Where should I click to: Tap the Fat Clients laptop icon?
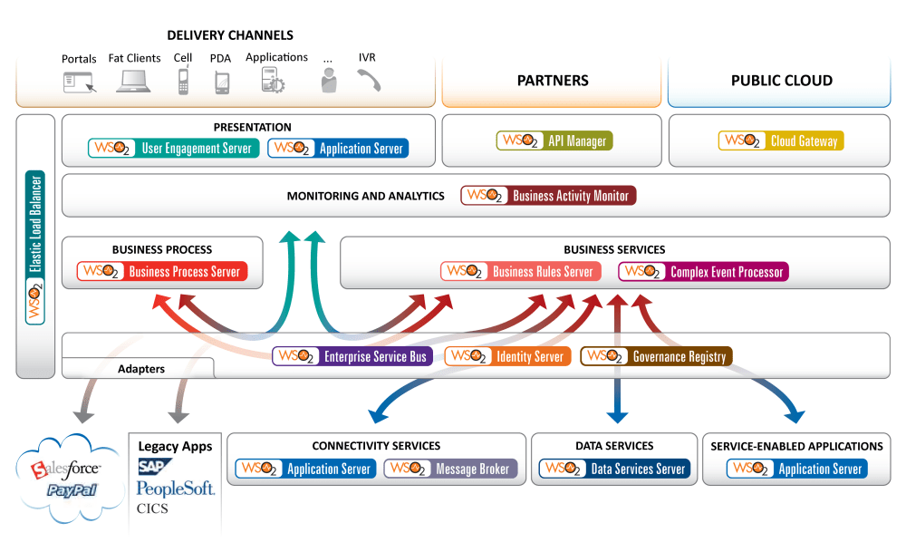click(x=133, y=82)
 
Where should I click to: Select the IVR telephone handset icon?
click(x=368, y=81)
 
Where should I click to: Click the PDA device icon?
click(x=222, y=82)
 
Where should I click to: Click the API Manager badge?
click(x=554, y=140)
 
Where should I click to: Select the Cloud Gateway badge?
click(x=780, y=140)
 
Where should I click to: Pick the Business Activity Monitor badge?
click(x=547, y=195)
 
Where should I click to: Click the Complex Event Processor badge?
click(x=703, y=271)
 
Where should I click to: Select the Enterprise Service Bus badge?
click(x=352, y=356)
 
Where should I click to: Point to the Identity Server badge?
click(x=507, y=356)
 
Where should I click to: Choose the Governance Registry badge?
click(x=655, y=356)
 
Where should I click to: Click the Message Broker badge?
click(x=451, y=469)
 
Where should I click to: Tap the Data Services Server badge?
click(x=614, y=469)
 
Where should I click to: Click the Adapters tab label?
click(x=141, y=369)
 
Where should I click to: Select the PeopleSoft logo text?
click(x=176, y=489)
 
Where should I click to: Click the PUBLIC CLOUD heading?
click(x=781, y=81)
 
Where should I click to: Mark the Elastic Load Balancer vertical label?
click(x=35, y=245)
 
